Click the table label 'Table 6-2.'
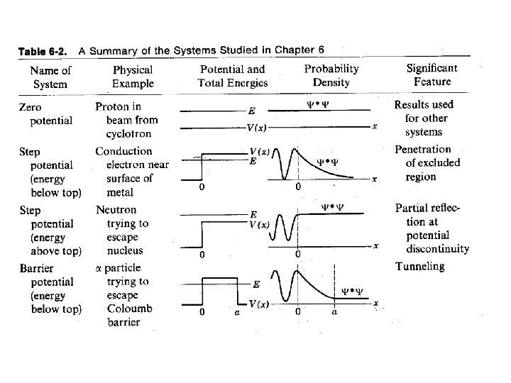pyautogui.click(x=43, y=51)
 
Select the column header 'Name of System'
pyautogui.click(x=50, y=77)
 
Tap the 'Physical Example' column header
pyautogui.click(x=132, y=77)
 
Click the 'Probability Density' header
pyautogui.click(x=331, y=75)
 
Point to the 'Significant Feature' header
pyautogui.click(x=432, y=74)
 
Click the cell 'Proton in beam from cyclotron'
pyautogui.click(x=127, y=120)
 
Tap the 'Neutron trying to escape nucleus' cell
pyautogui.click(x=123, y=231)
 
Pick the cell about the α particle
pyautogui.click(x=123, y=295)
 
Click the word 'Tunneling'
pyautogui.click(x=419, y=267)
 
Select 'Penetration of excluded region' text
pyautogui.click(x=427, y=163)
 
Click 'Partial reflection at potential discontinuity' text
pyautogui.click(x=432, y=228)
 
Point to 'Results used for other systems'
pyautogui.click(x=424, y=118)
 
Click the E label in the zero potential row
pyautogui.click(x=252, y=111)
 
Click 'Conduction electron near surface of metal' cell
pyautogui.click(x=131, y=172)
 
